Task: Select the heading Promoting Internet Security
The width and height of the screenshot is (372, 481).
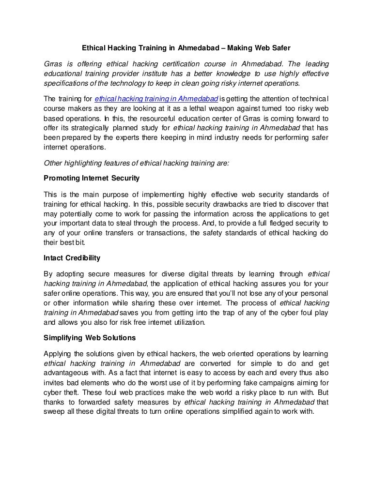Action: [x=92, y=178]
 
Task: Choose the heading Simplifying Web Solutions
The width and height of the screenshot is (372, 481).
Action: [x=90, y=337]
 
